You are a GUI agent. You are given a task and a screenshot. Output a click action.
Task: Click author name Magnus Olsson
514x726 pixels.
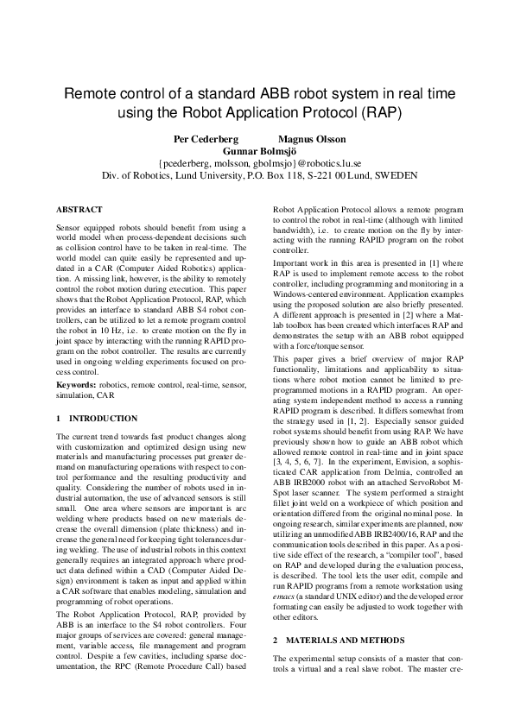(312, 138)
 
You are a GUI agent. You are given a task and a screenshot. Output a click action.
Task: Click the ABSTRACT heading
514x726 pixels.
(79, 210)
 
